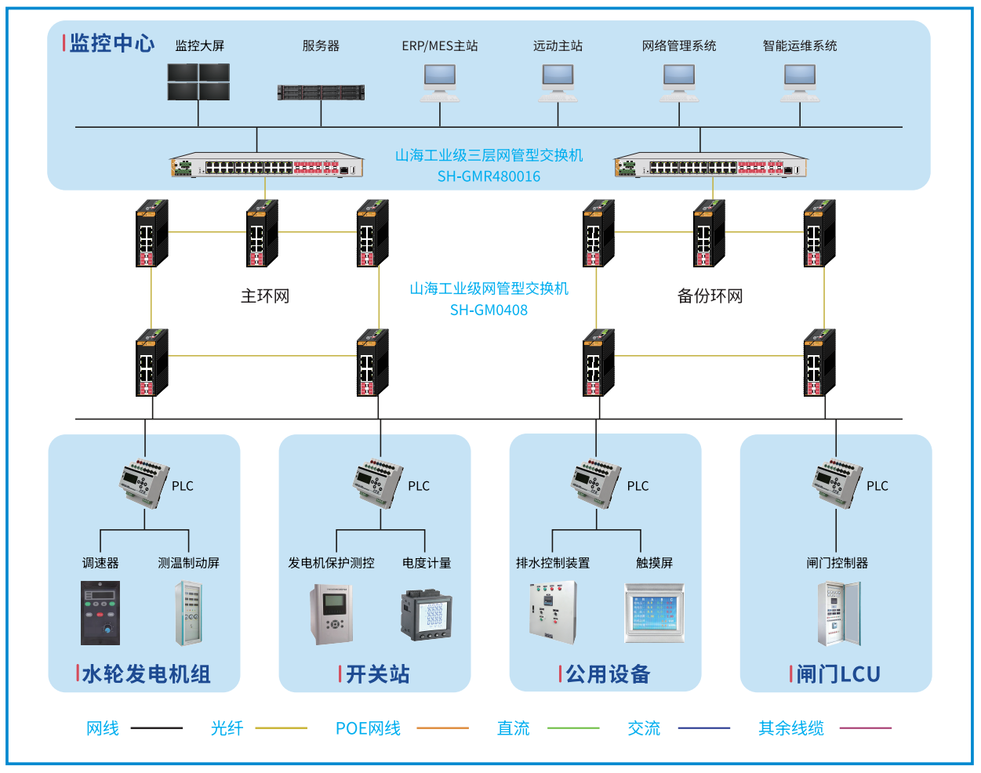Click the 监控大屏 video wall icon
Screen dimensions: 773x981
coord(198,82)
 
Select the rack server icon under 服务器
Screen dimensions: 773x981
coord(321,93)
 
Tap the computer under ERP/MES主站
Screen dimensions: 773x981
coord(440,82)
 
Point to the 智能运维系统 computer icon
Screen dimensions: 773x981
coord(800,82)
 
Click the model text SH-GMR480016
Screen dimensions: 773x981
coord(489,176)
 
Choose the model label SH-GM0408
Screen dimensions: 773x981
coord(489,310)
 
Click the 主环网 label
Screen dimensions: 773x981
coord(265,296)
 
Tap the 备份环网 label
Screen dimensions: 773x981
coord(710,296)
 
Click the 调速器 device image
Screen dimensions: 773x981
coord(100,613)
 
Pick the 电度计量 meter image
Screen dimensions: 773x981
coord(427,615)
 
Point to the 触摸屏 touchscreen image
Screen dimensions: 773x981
coord(655,612)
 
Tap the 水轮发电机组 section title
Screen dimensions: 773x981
coord(146,674)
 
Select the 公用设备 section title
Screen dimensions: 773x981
coord(608,674)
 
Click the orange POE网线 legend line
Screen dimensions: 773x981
coord(442,728)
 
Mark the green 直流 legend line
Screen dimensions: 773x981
coord(573,728)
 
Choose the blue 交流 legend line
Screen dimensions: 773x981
coord(703,728)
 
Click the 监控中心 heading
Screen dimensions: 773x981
coord(112,44)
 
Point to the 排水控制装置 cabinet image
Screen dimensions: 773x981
coord(553,612)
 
